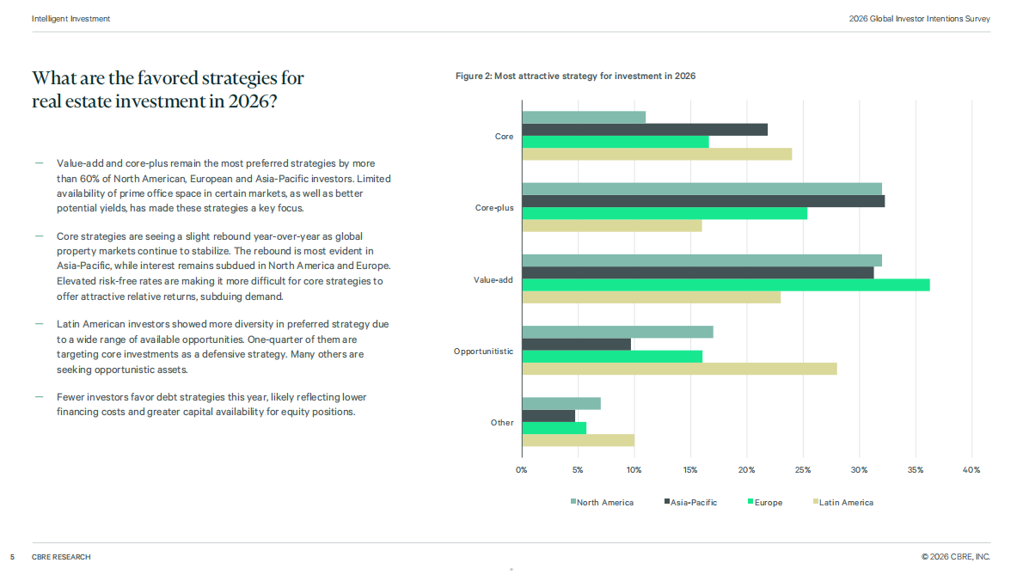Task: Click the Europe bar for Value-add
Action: tap(726, 284)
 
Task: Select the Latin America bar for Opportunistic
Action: tap(680, 369)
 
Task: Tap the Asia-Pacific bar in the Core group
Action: tap(646, 130)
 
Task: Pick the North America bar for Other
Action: tap(561, 404)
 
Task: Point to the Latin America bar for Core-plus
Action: tap(612, 225)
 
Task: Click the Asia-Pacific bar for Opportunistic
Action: tap(577, 344)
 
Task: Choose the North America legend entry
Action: tap(602, 503)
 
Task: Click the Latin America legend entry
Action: tap(843, 503)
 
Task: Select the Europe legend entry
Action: tap(764, 503)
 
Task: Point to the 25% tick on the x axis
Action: tap(803, 470)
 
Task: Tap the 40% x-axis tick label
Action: tap(971, 470)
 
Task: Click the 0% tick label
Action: tap(521, 470)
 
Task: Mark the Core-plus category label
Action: tap(494, 208)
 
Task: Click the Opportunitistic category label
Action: tap(483, 352)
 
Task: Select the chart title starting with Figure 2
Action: tap(575, 76)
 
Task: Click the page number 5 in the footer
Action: tap(12, 557)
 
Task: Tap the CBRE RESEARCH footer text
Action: tap(61, 557)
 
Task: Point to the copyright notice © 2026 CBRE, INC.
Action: tap(956, 557)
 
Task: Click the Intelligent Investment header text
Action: tap(70, 19)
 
